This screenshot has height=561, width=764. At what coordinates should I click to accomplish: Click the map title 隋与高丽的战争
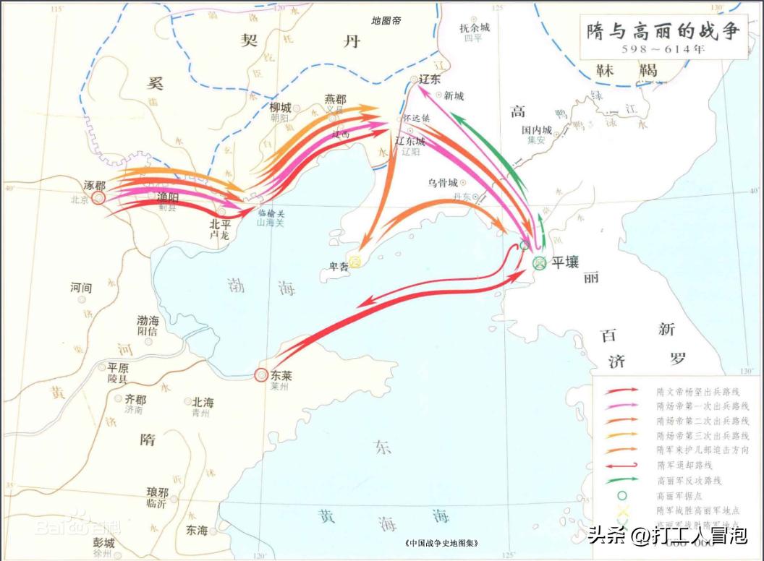click(x=660, y=32)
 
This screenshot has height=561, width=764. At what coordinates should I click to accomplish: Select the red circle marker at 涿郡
click(x=98, y=197)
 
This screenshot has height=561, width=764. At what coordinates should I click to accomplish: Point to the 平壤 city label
click(x=565, y=262)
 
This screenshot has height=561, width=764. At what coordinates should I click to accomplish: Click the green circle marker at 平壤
click(x=538, y=264)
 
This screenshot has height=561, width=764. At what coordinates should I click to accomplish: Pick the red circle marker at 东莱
click(x=261, y=374)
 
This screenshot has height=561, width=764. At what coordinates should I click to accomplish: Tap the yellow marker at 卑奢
click(x=355, y=262)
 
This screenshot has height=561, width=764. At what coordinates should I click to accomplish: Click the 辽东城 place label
click(x=410, y=141)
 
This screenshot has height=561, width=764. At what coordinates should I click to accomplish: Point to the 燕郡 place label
click(x=335, y=100)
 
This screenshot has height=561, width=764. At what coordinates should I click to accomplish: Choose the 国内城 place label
click(x=536, y=130)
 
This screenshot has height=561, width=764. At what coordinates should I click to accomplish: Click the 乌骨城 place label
click(x=442, y=182)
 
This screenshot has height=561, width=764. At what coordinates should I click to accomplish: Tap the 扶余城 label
click(x=475, y=27)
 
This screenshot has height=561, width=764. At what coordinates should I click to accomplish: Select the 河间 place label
click(x=81, y=288)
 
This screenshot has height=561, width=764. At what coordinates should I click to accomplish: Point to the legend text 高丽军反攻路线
click(x=689, y=480)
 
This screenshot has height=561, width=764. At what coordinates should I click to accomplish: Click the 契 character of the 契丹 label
click(x=258, y=40)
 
